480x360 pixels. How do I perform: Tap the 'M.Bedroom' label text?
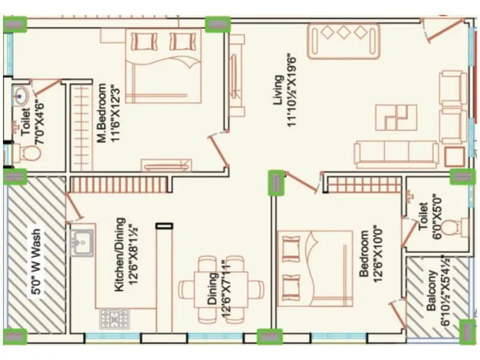point(102,113)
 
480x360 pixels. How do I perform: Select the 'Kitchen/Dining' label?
point(119,254)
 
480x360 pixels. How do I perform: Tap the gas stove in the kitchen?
point(111,318)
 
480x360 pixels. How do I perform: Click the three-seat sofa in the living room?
point(396,154)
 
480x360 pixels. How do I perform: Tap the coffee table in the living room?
point(396,117)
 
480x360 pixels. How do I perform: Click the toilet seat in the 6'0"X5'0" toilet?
point(460,227)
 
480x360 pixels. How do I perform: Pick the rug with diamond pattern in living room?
point(344,40)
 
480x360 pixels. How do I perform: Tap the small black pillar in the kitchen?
point(164,226)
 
